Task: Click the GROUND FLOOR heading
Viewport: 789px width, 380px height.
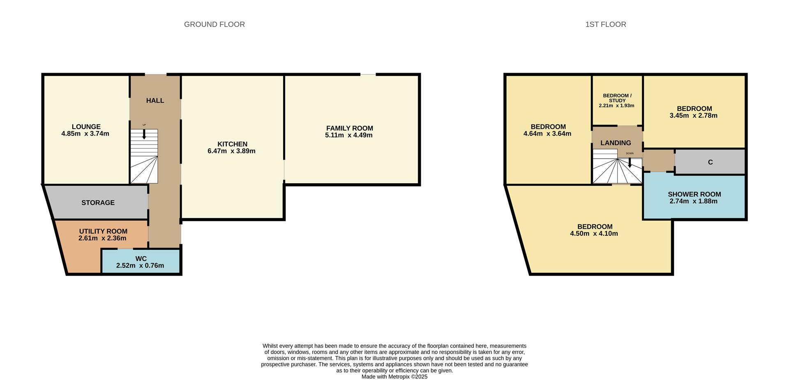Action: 214,25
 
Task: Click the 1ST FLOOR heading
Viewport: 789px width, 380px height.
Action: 605,25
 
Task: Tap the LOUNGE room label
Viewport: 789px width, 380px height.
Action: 86,127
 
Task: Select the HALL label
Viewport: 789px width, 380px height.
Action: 155,101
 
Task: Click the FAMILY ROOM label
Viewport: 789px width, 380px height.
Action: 349,129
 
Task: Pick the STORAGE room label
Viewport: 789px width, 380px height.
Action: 98,203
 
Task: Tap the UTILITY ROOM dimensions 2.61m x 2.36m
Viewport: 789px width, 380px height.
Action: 102,238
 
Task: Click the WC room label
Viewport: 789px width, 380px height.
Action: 141,259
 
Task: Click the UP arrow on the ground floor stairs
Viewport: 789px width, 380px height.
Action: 144,134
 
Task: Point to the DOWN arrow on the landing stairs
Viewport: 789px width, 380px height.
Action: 630,162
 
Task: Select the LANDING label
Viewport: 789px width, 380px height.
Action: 615,143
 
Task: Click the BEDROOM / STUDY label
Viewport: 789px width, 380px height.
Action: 617,98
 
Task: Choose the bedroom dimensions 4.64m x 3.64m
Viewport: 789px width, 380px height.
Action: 547,134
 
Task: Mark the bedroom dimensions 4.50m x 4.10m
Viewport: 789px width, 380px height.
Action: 594,234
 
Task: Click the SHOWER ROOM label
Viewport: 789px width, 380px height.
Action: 694,194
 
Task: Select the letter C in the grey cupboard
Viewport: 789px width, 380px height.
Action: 710,162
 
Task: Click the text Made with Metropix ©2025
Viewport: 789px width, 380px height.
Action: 394,377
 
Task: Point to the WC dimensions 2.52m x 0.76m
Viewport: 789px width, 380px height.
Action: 140,266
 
